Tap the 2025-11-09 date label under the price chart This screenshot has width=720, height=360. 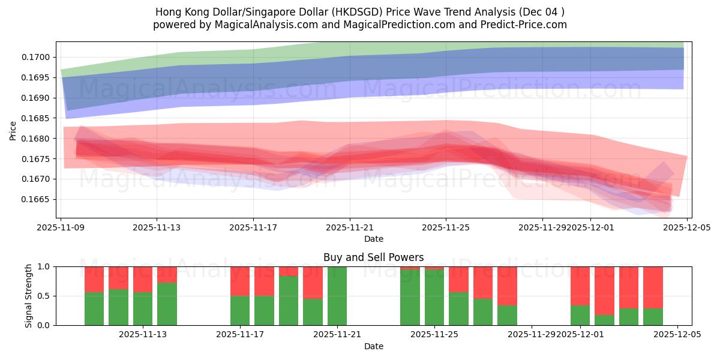point(61,227)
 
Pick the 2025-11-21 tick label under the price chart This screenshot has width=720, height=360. point(349,227)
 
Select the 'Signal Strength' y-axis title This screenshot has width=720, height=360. point(29,296)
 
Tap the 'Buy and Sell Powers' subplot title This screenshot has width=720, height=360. point(373,257)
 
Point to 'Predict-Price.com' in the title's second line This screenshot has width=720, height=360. point(524,25)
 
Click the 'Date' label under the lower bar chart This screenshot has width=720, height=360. point(373,346)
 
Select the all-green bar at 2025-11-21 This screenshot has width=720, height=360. point(337,296)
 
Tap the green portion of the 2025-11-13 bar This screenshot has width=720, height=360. point(143,309)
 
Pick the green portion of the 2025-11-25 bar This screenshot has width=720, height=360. point(434,298)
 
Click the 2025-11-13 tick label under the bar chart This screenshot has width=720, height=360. point(143,334)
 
